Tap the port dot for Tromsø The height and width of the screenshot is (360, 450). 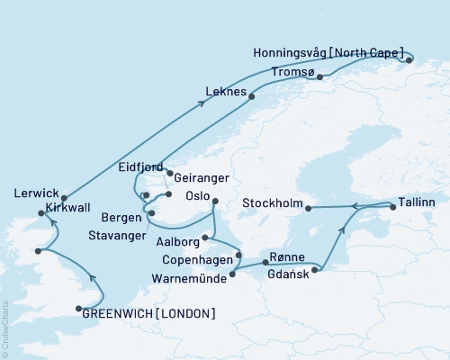click(x=319, y=77)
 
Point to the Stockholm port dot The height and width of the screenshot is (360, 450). click(x=308, y=209)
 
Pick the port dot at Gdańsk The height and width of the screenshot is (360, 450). click(x=315, y=269)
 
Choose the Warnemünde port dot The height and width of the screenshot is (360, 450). click(x=232, y=274)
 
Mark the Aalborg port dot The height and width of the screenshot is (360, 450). click(x=206, y=238)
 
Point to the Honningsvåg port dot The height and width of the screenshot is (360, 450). click(x=409, y=60)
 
